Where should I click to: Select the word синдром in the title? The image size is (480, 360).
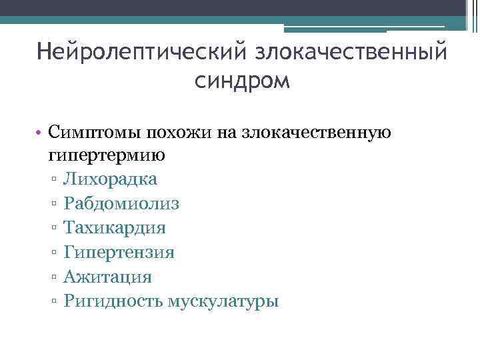pos(243,81)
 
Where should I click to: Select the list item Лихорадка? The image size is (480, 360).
pos(111,180)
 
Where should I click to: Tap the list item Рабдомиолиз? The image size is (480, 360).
pos(121,204)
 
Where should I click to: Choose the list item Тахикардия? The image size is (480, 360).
pos(115,228)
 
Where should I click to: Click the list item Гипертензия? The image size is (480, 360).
pos(119,253)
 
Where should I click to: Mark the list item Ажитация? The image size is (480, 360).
pos(108,277)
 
